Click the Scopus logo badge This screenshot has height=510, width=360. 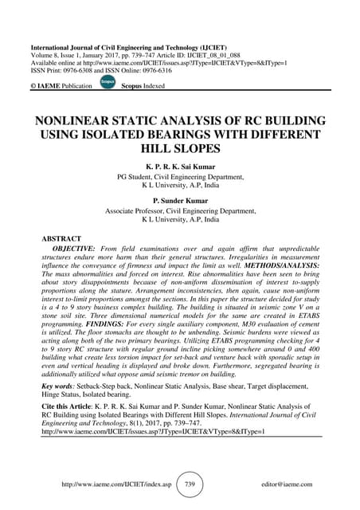pos(108,82)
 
